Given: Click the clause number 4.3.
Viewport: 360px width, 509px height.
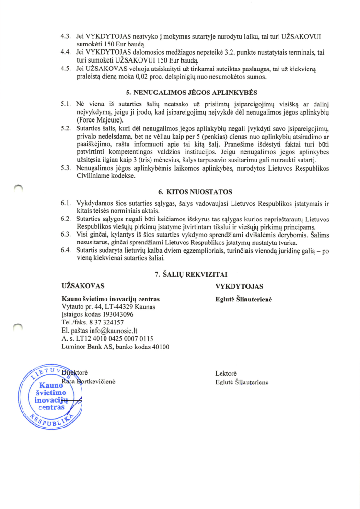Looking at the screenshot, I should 66,36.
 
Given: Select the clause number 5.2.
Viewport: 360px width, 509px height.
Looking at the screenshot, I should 66,130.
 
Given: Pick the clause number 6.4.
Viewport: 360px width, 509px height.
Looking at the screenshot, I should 66,250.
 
